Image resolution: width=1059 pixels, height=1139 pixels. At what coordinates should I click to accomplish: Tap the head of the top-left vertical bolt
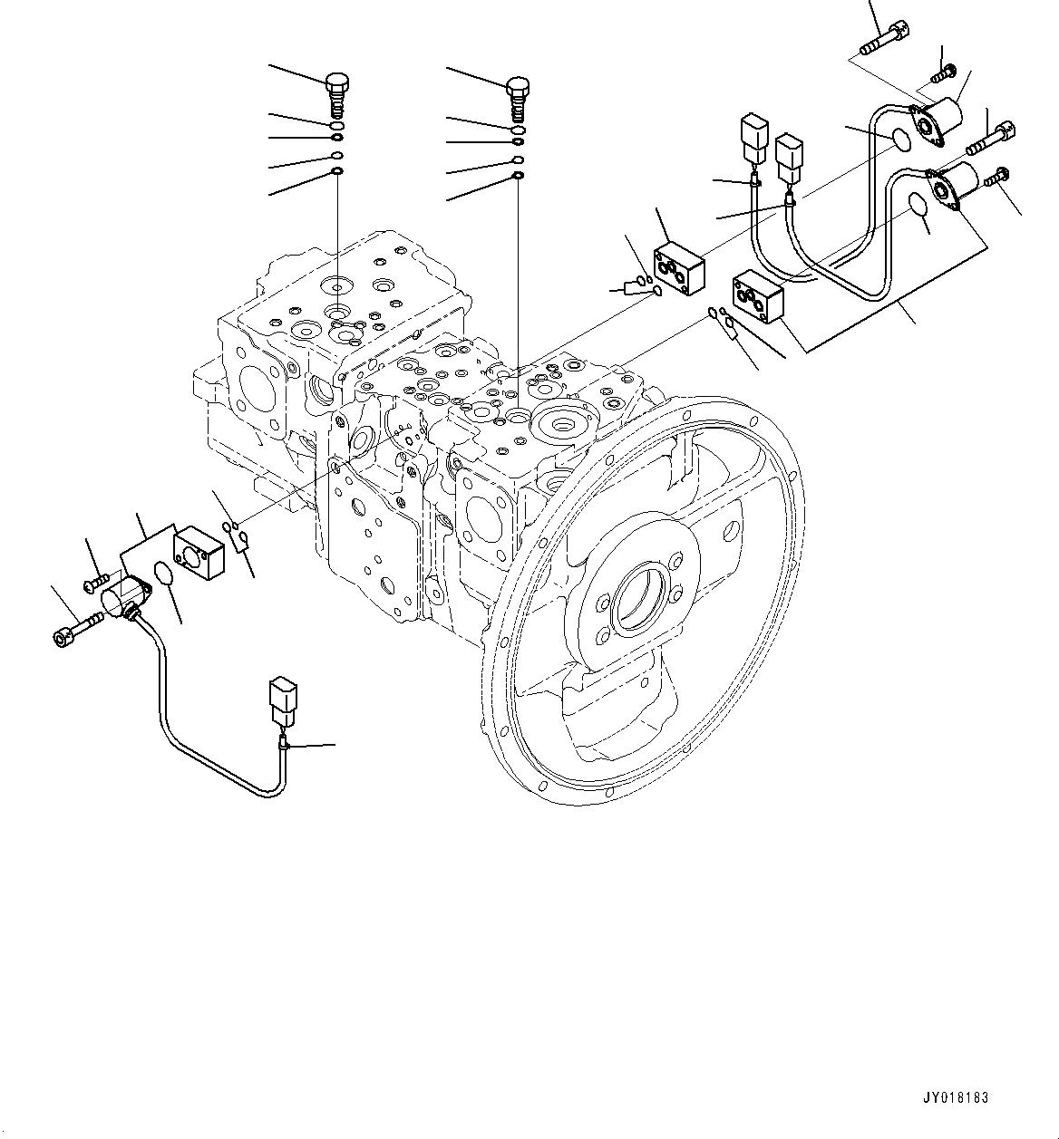pos(336,85)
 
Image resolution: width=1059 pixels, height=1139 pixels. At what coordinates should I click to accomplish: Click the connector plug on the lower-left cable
pos(279,700)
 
